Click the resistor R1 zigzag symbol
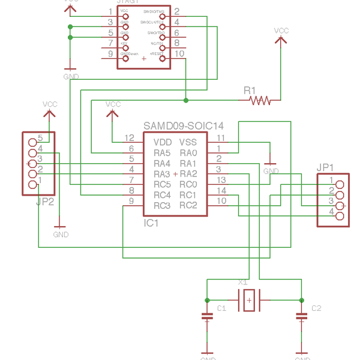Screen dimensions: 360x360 point(260,100)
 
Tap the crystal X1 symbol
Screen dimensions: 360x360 point(248,299)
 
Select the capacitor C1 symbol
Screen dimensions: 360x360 point(207,317)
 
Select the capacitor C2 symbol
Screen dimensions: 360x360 point(300,317)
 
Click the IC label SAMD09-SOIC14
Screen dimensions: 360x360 point(183,126)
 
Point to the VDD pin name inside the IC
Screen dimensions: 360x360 point(163,142)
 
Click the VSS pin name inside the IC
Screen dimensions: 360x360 point(188,142)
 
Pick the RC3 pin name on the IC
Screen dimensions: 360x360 point(163,206)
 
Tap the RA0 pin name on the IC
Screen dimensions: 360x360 point(188,153)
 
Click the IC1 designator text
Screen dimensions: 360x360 point(151,223)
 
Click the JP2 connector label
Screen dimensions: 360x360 point(45,202)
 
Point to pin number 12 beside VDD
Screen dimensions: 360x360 point(129,138)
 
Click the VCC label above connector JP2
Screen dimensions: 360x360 point(50,104)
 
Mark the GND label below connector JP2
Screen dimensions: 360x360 point(61,235)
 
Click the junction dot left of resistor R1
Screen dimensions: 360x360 point(186,100)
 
